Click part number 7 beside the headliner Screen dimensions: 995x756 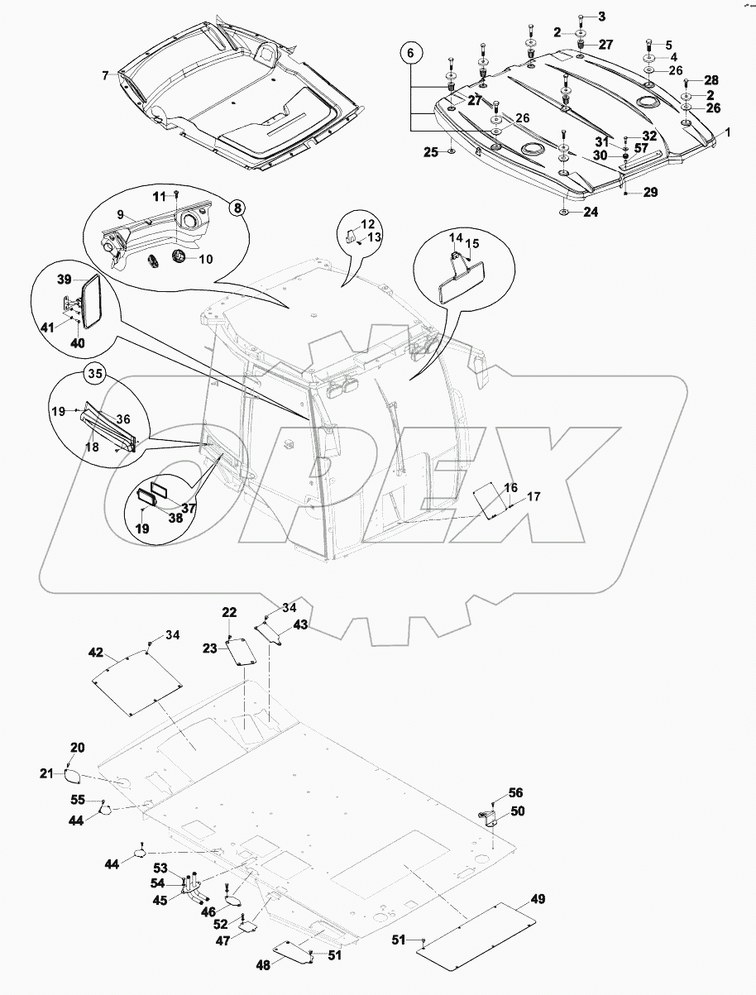click(x=105, y=75)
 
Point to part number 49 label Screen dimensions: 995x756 click(x=538, y=899)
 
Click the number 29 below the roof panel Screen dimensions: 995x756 click(x=650, y=192)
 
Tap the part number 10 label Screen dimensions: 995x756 click(x=205, y=259)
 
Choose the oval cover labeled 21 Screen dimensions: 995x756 click(x=73, y=775)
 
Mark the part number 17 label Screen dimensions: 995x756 click(x=534, y=497)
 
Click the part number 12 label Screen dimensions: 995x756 click(x=367, y=224)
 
